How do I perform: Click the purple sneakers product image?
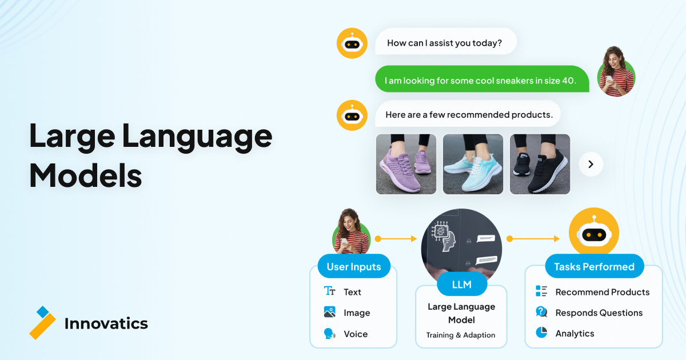click(406, 164)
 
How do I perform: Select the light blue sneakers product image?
click(473, 164)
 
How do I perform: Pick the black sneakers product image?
click(540, 164)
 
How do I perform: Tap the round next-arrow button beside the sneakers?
click(591, 165)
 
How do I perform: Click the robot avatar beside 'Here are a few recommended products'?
click(352, 115)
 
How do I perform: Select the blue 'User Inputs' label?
click(354, 266)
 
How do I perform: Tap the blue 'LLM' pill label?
click(462, 285)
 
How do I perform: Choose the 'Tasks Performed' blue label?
click(595, 266)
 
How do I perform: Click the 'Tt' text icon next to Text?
click(329, 291)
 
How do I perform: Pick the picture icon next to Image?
click(329, 312)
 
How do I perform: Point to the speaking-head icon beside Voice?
click(329, 333)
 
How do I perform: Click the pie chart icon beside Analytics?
click(541, 333)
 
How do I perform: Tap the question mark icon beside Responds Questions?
click(541, 312)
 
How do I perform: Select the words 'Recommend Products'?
click(603, 292)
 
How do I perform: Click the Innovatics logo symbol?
click(42, 323)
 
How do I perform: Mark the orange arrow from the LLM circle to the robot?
click(533, 239)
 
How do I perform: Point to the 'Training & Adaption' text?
click(461, 335)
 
